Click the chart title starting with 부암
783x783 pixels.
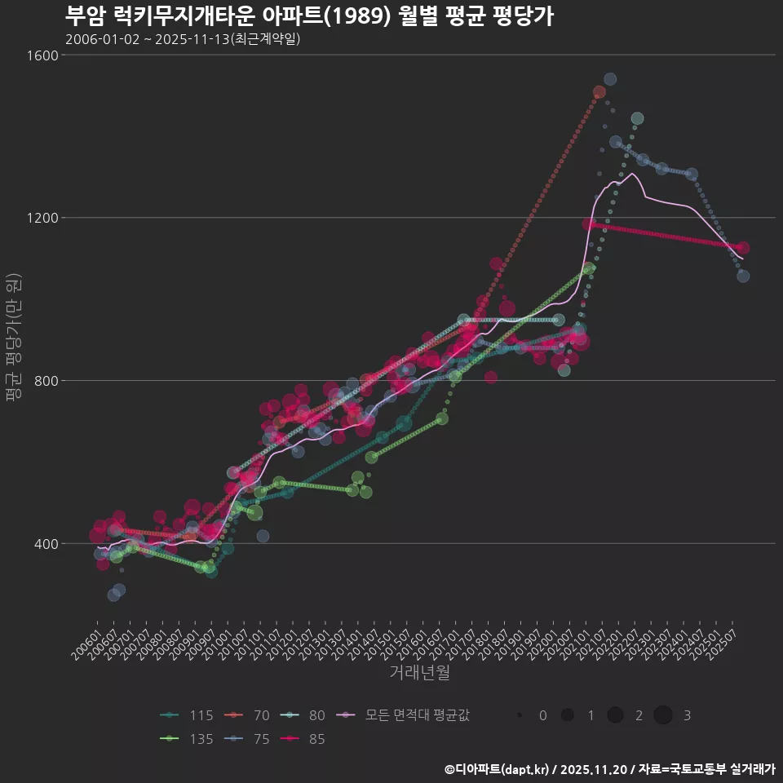point(309,16)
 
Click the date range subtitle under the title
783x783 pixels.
point(183,39)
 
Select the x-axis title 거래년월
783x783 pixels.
point(419,672)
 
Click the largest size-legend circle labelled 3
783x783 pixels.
point(662,715)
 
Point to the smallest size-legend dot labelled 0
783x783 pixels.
point(520,715)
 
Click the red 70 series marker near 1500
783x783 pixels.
point(599,92)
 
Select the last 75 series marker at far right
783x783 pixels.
point(743,276)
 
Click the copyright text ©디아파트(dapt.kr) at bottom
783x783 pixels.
point(498,769)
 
